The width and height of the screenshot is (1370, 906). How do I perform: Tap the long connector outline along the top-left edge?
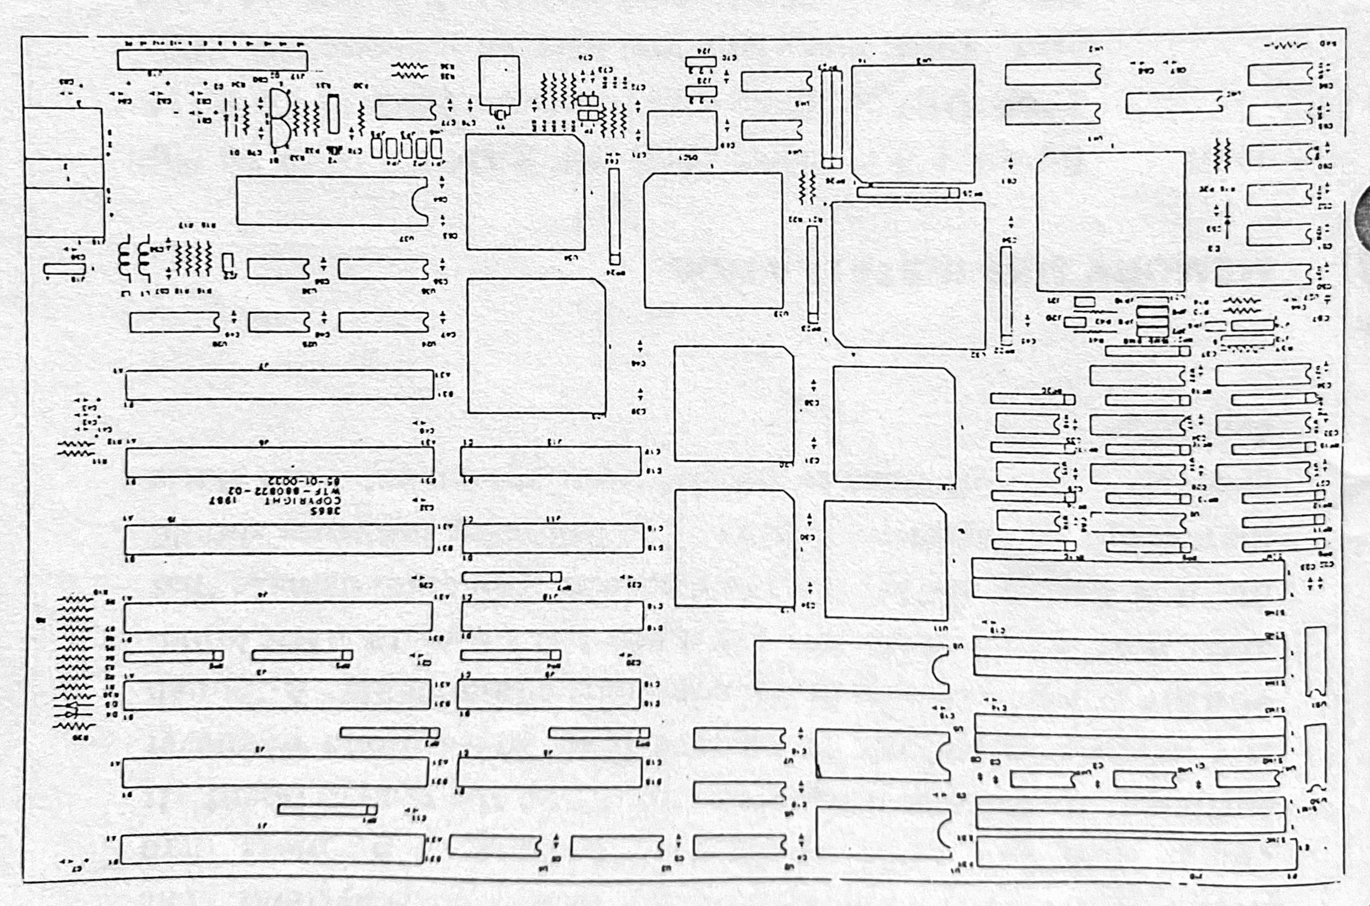212,60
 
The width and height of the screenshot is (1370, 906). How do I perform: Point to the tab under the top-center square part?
500,112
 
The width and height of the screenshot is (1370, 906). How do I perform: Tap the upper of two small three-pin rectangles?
701,61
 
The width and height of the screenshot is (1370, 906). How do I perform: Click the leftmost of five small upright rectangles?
377,148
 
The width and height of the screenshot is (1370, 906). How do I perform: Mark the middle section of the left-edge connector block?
64,173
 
